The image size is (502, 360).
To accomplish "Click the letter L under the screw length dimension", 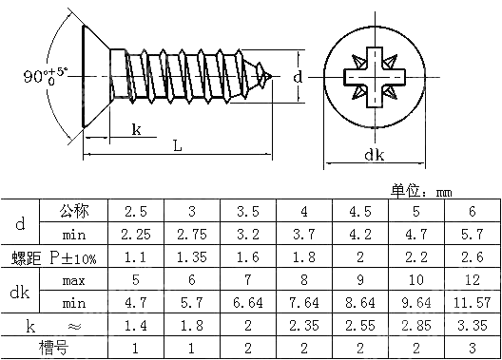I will (177, 145).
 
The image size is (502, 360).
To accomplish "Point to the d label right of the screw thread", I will (298, 75).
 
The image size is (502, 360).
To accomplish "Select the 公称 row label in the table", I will (73, 210).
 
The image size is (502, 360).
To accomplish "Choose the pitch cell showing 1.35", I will (191, 256).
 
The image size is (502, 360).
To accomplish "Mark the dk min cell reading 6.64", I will (247, 302).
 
